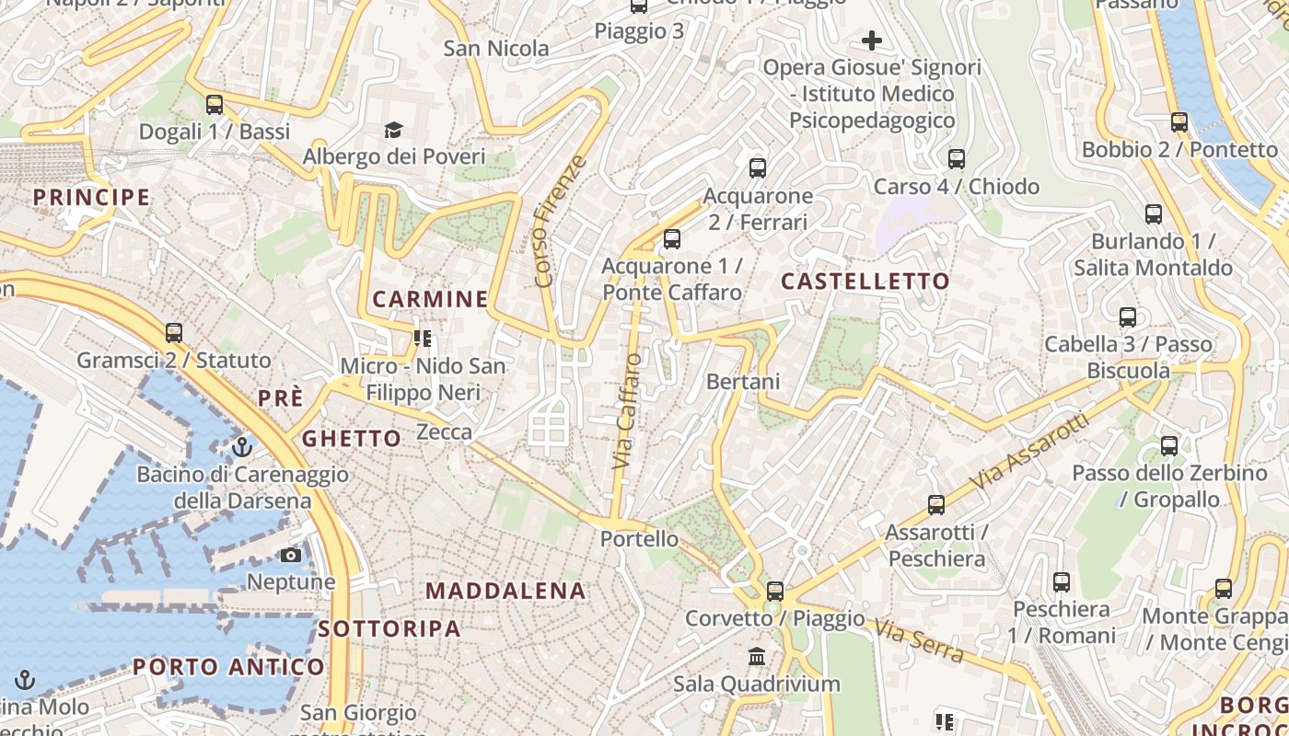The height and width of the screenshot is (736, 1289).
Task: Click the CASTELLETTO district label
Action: (x=865, y=282)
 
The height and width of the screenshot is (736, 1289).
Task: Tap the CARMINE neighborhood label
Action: (x=430, y=299)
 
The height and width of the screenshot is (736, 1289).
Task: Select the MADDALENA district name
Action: (x=505, y=591)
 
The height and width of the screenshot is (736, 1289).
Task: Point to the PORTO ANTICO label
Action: (x=228, y=667)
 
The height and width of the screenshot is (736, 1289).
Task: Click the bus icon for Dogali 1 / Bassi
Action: (x=215, y=104)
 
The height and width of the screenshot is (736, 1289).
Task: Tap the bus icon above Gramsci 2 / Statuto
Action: (x=174, y=332)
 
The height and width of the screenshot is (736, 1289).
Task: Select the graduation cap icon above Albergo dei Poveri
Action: (x=393, y=130)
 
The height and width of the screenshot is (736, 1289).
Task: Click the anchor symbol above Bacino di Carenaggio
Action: (x=242, y=447)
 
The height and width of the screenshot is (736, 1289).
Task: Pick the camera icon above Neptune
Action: (x=290, y=555)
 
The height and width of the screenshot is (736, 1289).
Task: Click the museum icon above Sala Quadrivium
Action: (x=757, y=656)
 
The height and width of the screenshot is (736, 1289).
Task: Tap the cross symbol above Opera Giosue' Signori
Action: (x=871, y=40)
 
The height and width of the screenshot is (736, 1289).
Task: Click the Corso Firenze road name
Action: (x=560, y=221)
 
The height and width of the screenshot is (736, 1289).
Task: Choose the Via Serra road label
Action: (x=919, y=641)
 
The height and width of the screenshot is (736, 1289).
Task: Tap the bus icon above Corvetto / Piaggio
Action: (x=775, y=591)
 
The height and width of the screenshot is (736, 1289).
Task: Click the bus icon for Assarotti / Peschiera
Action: (x=936, y=504)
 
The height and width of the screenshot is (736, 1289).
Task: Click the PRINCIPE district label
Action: (x=91, y=197)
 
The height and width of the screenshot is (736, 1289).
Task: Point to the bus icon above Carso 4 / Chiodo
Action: (x=956, y=159)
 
